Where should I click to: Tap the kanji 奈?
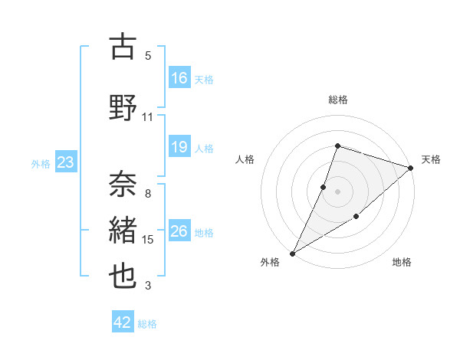pyautogui.click(x=123, y=185)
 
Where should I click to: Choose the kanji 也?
pyautogui.click(x=123, y=276)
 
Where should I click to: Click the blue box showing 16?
pyautogui.click(x=179, y=78)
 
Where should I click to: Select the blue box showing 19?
pyautogui.click(x=179, y=148)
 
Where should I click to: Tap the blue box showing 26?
pyautogui.click(x=179, y=231)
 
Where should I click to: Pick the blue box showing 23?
pyautogui.click(x=65, y=162)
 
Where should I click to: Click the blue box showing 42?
pyautogui.click(x=123, y=322)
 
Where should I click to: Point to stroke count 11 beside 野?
pyautogui.click(x=147, y=117)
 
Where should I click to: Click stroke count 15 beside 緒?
pyautogui.click(x=147, y=240)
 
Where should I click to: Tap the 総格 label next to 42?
pyautogui.click(x=147, y=324)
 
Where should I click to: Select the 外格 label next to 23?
pyautogui.click(x=41, y=163)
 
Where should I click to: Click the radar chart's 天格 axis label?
pyautogui.click(x=431, y=159)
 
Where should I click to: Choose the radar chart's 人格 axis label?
pyautogui.click(x=245, y=159)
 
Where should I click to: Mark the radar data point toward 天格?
pyautogui.click(x=411, y=168)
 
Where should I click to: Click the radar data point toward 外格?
pyautogui.click(x=292, y=253)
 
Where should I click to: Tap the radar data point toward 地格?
pyautogui.click(x=356, y=218)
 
